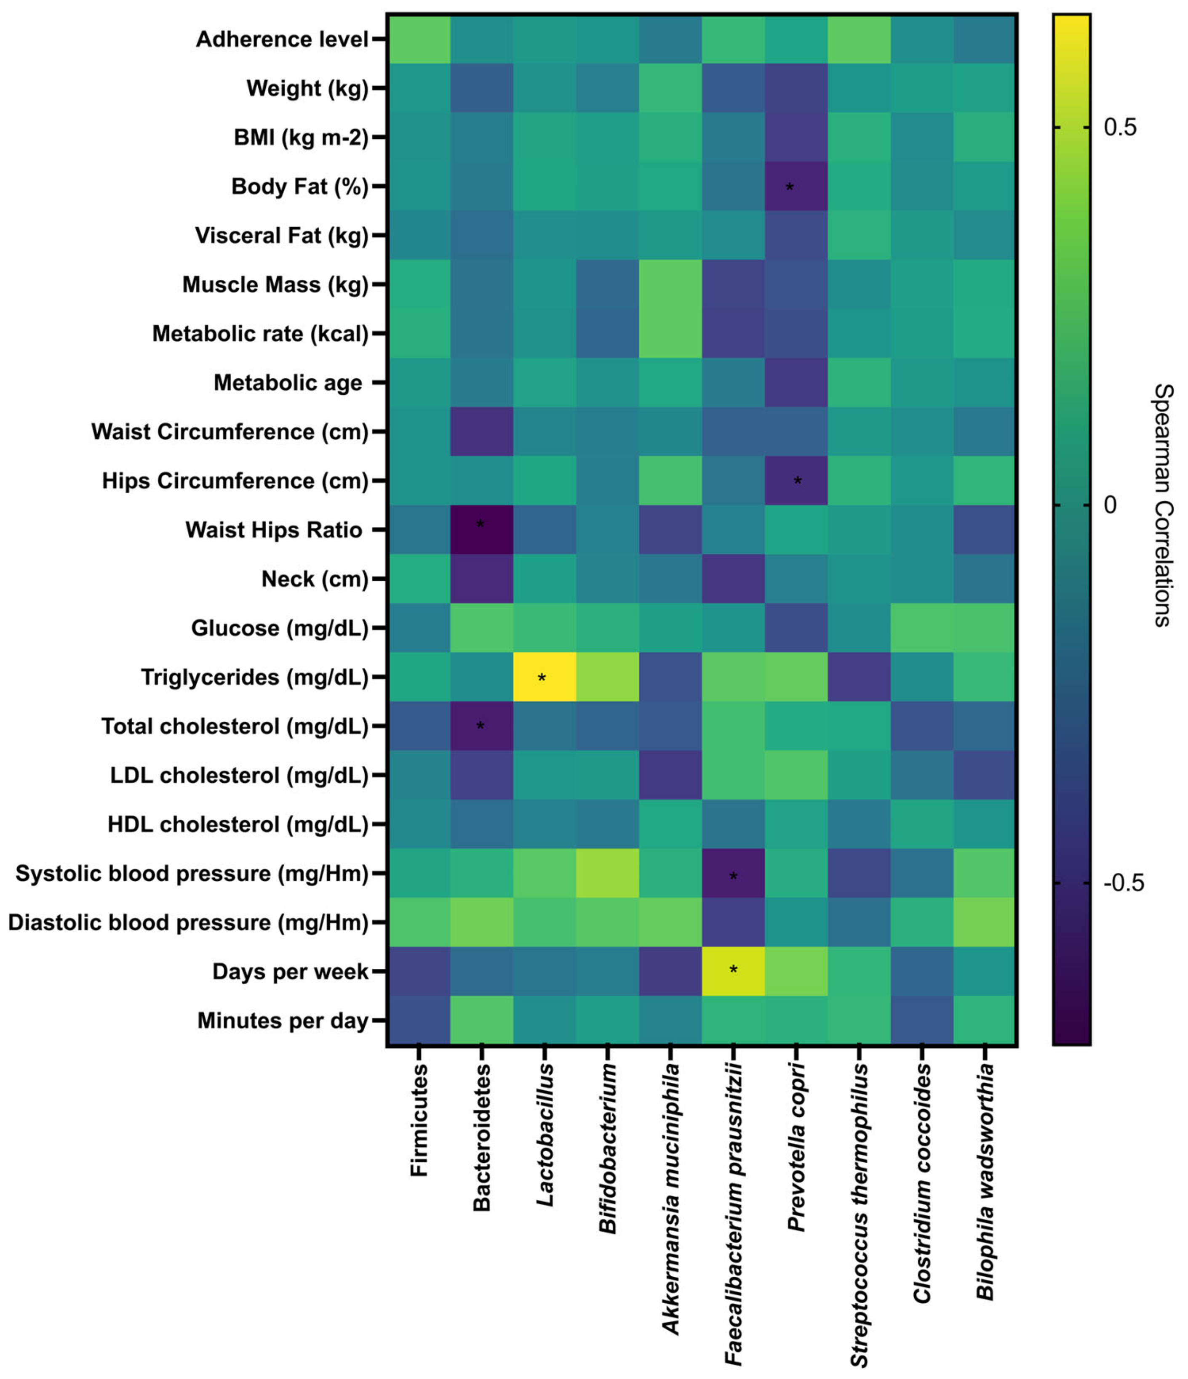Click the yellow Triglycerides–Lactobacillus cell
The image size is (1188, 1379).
544,677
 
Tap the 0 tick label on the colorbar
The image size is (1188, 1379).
1110,505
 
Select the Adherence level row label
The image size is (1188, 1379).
282,39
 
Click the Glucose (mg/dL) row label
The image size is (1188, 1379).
280,627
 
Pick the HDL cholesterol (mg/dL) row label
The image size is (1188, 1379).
238,824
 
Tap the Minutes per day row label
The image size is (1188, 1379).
283,1020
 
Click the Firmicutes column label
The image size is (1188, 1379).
418,1120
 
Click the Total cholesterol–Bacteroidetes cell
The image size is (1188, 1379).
481,726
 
